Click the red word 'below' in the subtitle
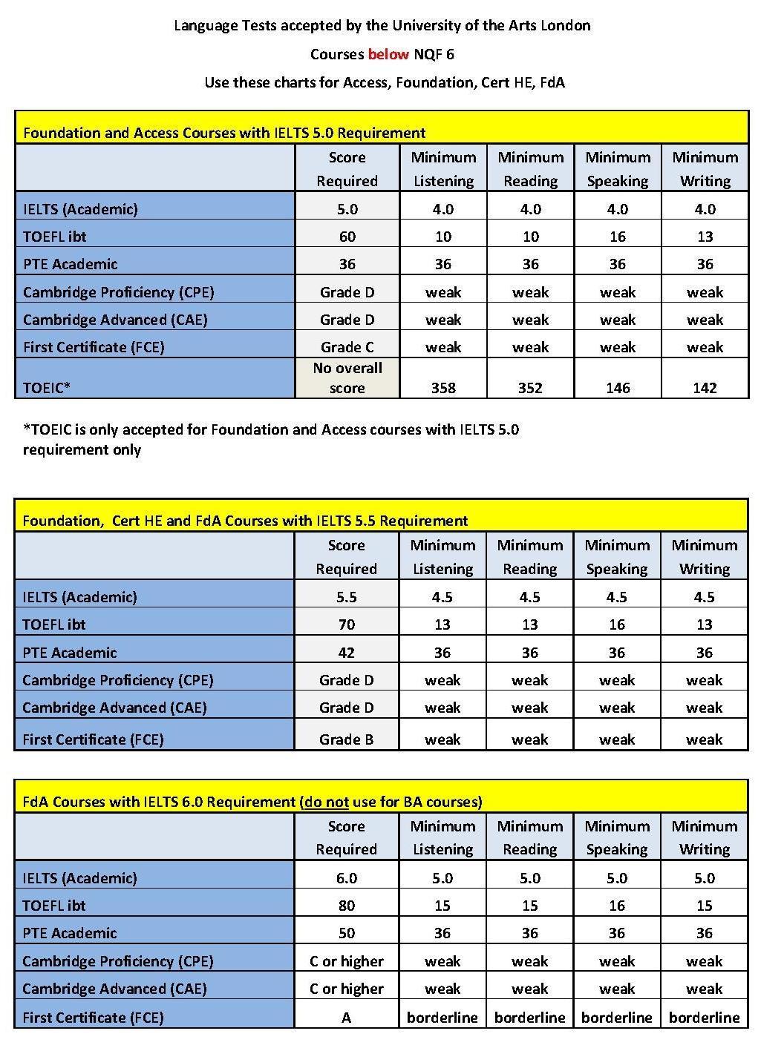pos(388,54)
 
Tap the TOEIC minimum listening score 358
pos(443,387)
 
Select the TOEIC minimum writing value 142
pos(705,387)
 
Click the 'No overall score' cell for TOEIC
pos(347,378)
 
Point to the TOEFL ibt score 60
pos(347,237)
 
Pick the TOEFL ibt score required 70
pos(347,624)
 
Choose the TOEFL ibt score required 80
pos(347,906)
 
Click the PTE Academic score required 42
pos(347,653)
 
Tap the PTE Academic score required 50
pos(347,933)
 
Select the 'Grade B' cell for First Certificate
pos(347,739)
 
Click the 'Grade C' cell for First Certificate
pos(347,347)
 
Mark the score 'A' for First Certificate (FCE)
pos(347,1018)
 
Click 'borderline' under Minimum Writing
pos(704,1018)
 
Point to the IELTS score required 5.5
pos(347,597)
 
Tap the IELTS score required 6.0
pos(347,878)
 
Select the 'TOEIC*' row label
pos(47,387)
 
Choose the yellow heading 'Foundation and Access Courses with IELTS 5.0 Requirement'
pos(224,133)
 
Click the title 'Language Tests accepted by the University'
pos(382,25)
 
